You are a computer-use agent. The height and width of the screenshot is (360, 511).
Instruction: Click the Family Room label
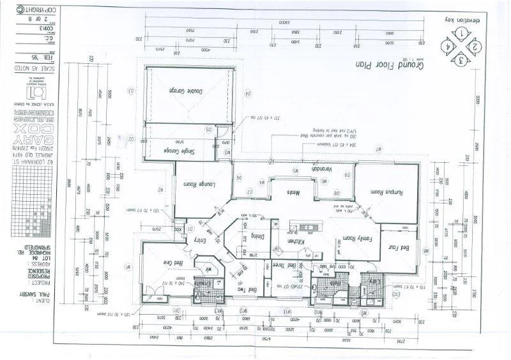[351, 239]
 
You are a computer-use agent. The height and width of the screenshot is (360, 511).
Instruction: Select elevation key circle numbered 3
[460, 61]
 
